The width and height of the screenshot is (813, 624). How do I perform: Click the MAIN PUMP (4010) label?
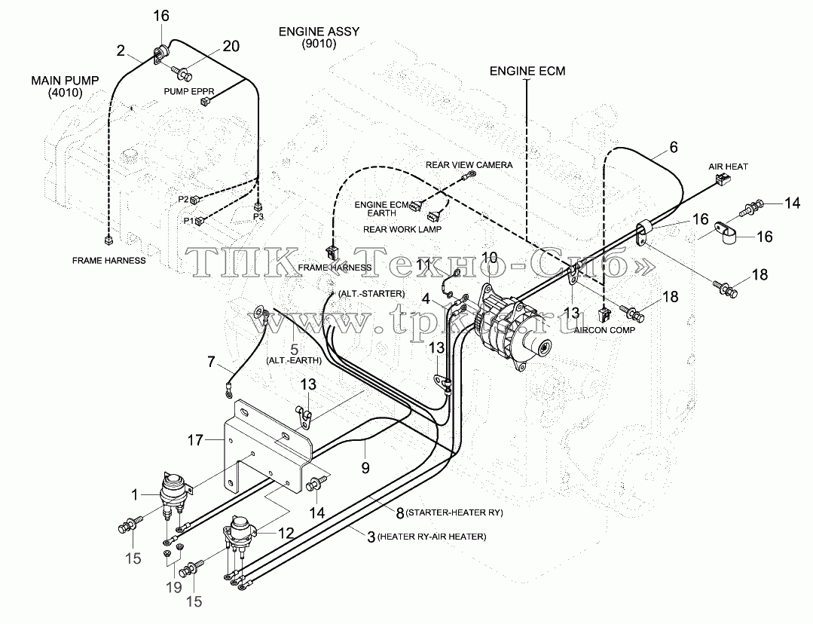(65, 87)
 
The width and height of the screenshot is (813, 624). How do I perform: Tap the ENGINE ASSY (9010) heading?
(319, 38)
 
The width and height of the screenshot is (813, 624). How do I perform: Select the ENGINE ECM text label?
(527, 71)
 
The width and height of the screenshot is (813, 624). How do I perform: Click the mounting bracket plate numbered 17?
(267, 447)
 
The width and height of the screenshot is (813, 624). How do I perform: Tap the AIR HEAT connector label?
(728, 167)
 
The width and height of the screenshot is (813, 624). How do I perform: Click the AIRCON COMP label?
(604, 330)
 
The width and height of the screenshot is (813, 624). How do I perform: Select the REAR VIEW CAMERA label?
(469, 165)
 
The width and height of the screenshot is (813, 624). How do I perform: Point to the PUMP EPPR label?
(188, 91)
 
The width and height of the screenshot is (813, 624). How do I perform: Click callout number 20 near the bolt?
(231, 46)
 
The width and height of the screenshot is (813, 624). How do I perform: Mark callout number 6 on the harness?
(674, 147)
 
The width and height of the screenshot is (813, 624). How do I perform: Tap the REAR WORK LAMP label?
(402, 229)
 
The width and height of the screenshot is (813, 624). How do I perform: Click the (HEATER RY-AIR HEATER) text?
(432, 537)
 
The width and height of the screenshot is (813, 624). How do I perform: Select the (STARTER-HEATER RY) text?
(454, 512)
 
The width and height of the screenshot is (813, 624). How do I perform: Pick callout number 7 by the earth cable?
(211, 362)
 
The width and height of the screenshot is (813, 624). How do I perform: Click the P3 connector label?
(258, 216)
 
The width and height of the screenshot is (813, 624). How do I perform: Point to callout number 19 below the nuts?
(174, 587)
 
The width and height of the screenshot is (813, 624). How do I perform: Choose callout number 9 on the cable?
(365, 468)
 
